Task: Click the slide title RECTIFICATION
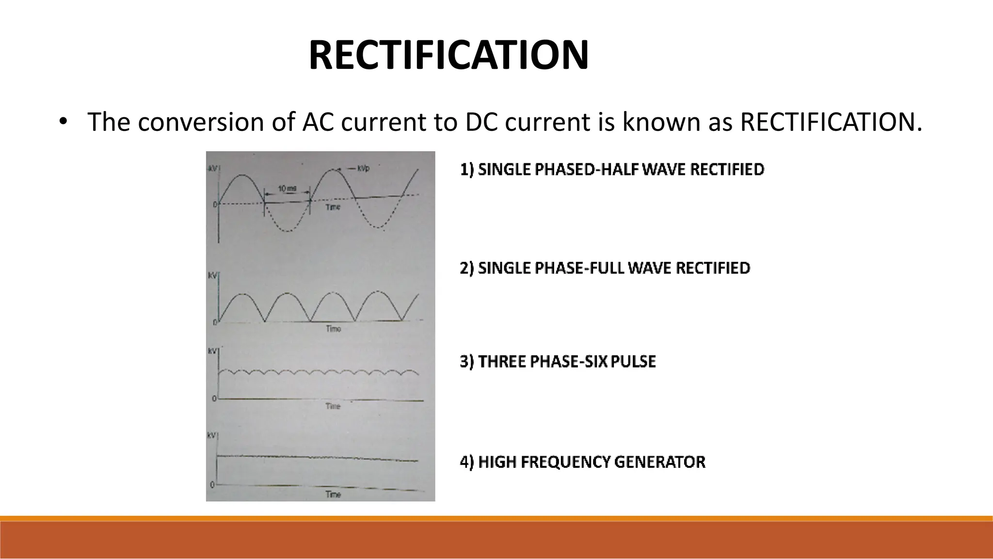tap(448, 55)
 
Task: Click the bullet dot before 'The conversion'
tap(62, 122)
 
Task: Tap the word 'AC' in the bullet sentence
tap(318, 122)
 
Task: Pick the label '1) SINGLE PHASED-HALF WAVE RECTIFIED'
tap(612, 170)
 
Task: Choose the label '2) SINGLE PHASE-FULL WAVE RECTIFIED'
tap(605, 268)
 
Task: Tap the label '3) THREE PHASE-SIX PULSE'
tap(558, 362)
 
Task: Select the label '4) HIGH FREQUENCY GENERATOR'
tap(582, 462)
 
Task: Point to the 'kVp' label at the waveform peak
tap(363, 168)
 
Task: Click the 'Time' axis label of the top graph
tap(333, 207)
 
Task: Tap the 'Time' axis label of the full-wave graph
tap(333, 329)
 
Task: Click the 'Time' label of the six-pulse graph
tap(333, 406)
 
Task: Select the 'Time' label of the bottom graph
tap(333, 495)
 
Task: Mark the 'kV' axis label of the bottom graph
tap(211, 435)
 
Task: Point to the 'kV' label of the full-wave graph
tap(212, 275)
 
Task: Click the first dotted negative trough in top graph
tap(288, 231)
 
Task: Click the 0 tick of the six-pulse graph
tap(214, 399)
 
